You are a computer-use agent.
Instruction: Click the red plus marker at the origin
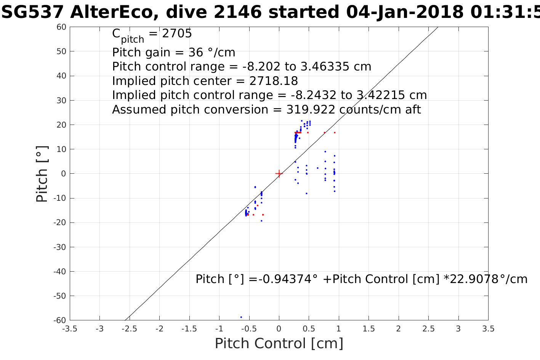(279, 174)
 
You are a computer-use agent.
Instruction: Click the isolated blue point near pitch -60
(241, 317)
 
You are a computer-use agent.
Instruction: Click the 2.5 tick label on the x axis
(428, 328)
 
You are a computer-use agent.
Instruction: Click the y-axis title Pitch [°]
(42, 174)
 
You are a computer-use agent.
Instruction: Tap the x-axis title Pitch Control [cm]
(279, 344)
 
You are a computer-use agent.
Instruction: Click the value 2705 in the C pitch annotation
(177, 34)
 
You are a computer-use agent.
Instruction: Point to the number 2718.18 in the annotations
(273, 81)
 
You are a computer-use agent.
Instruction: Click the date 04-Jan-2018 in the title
(405, 12)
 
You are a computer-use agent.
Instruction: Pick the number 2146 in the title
(237, 12)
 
